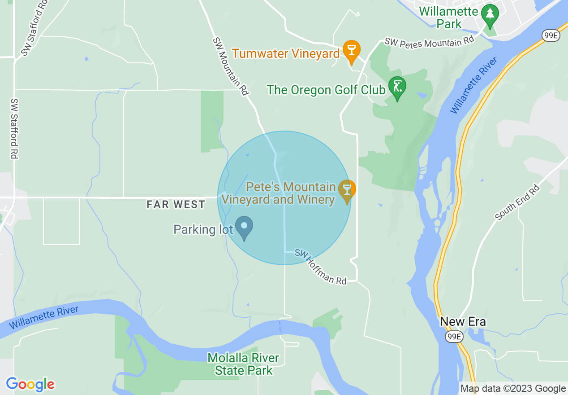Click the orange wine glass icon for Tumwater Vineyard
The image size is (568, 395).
click(351, 50)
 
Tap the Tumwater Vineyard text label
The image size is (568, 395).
click(286, 54)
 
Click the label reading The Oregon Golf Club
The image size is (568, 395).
click(326, 90)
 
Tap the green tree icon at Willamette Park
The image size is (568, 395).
click(491, 14)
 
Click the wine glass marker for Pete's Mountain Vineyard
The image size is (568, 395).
click(347, 190)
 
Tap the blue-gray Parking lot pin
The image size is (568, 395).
click(244, 226)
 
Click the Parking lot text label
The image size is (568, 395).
click(203, 230)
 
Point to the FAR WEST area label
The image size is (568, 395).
click(176, 205)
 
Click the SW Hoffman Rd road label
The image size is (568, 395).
click(320, 267)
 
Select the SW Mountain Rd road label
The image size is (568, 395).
click(231, 66)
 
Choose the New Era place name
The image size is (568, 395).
click(463, 321)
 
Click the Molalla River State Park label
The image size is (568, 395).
click(243, 364)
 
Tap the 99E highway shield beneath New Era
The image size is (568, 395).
click(454, 337)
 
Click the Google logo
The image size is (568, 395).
click(30, 384)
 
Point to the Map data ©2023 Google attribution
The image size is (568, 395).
click(513, 389)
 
